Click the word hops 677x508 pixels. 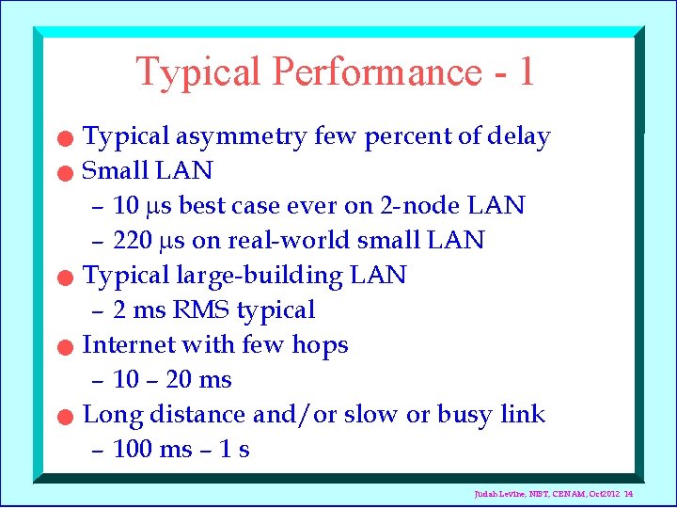coord(318,345)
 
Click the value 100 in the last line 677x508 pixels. coord(133,450)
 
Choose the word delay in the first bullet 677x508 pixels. coord(518,137)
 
